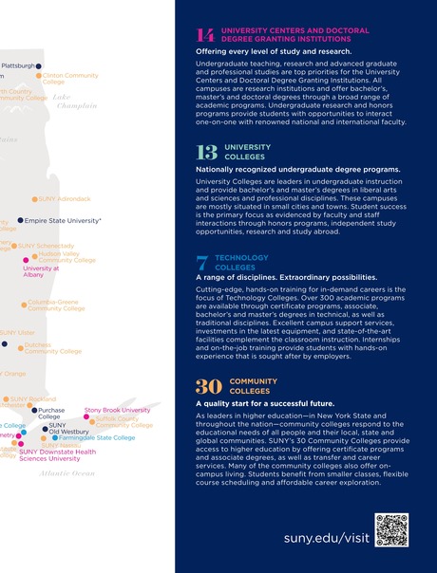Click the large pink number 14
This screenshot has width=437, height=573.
[x=206, y=35]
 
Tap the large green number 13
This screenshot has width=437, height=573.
[x=206, y=152]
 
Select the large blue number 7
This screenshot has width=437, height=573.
[x=202, y=263]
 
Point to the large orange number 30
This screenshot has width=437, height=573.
[x=209, y=386]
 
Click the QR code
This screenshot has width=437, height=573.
[x=391, y=530]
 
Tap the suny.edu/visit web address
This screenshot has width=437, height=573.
[x=325, y=538]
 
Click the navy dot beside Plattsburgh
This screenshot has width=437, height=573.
[x=39, y=66]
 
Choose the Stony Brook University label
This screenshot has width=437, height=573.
[x=117, y=410]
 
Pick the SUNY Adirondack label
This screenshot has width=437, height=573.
[x=64, y=199]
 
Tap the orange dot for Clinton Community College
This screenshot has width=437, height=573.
[x=39, y=76]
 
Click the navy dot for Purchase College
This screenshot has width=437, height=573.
[x=34, y=411]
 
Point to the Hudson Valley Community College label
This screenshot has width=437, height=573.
[x=66, y=257]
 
